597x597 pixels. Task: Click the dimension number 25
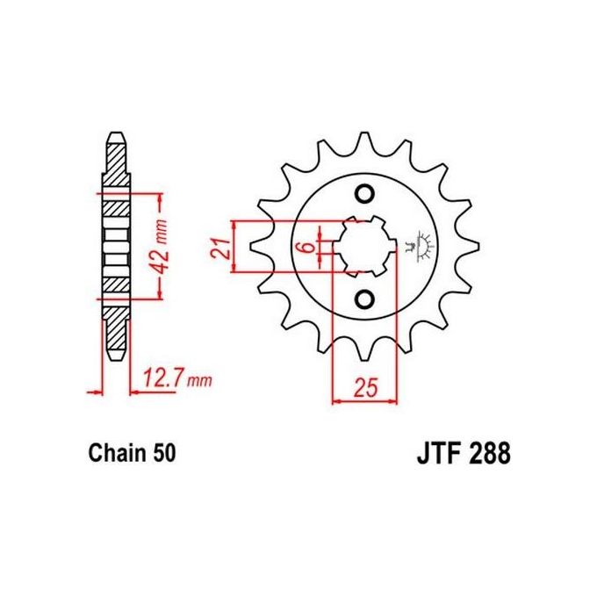point(364,385)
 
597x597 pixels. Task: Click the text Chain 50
point(132,455)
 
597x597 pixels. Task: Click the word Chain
point(118,455)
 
